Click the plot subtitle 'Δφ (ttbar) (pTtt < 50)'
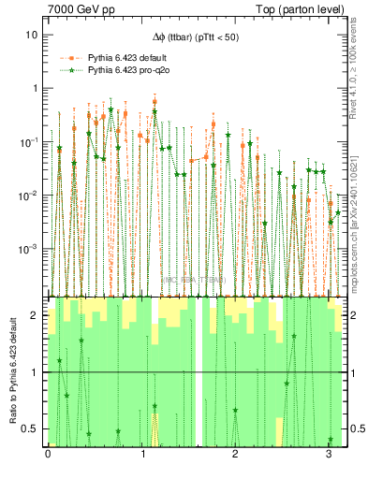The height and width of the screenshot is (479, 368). point(196,37)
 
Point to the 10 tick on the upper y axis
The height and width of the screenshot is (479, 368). point(31,35)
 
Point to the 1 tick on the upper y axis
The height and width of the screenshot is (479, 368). point(34,88)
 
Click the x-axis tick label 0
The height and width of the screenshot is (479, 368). point(49,456)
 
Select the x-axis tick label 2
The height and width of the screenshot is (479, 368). point(235,456)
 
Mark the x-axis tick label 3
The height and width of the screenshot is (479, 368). point(329,456)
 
